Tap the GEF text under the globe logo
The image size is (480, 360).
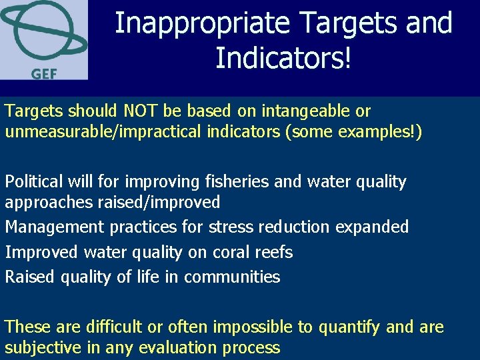click(44, 73)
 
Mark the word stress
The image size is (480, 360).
click(231, 227)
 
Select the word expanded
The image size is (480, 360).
click(372, 227)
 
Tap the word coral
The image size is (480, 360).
click(233, 252)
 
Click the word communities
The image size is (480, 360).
click(232, 277)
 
